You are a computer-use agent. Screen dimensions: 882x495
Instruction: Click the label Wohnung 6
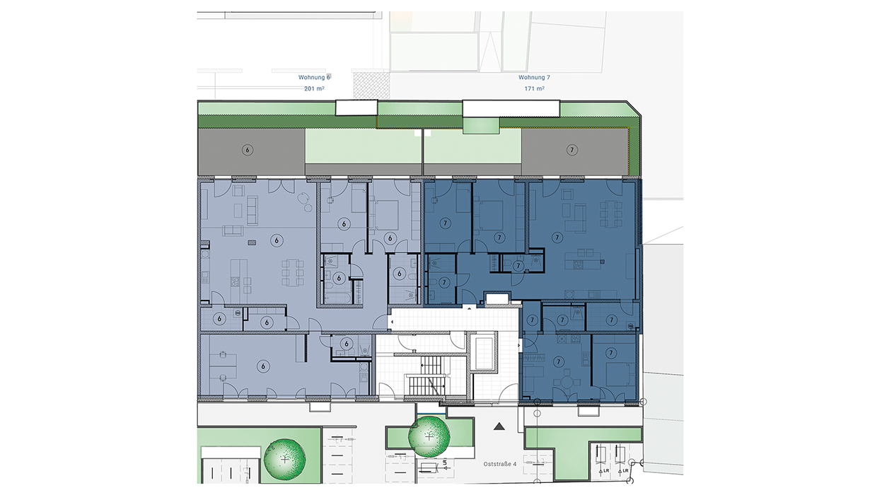(x=314, y=78)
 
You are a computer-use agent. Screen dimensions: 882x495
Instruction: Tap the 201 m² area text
(x=314, y=88)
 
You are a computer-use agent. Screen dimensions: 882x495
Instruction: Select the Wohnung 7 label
(x=534, y=78)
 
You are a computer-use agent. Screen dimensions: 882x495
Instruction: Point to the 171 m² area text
(x=534, y=88)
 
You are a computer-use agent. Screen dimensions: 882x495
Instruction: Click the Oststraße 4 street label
(x=499, y=464)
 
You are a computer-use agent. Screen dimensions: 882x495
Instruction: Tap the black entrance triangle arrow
(x=499, y=426)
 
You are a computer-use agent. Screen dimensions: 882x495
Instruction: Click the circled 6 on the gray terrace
(x=248, y=150)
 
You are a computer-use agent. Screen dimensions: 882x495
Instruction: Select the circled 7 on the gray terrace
(x=571, y=150)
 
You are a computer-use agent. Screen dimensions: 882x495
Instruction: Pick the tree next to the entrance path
(x=429, y=436)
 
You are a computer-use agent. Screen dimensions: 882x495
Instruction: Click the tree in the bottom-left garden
(x=284, y=459)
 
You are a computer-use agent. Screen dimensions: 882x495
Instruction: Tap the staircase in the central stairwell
(x=427, y=375)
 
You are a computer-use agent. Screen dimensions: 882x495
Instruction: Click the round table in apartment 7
(x=567, y=382)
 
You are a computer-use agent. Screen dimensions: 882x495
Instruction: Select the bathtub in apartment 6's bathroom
(x=338, y=296)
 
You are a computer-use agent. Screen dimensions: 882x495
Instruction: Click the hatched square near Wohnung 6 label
(x=371, y=86)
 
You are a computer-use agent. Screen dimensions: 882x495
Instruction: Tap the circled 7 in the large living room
(x=557, y=238)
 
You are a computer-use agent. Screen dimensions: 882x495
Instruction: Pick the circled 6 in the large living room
(x=277, y=240)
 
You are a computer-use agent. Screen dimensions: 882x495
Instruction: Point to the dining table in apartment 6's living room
(x=293, y=272)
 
